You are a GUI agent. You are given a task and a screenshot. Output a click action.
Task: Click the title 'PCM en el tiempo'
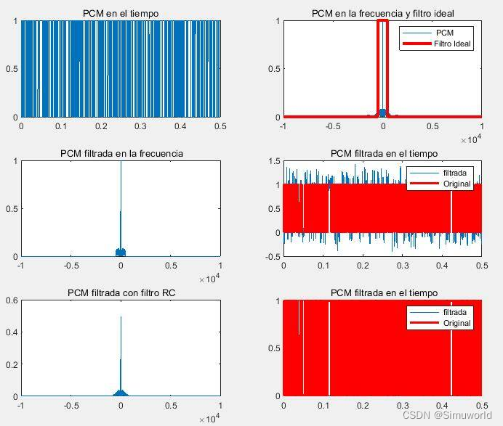point(121,13)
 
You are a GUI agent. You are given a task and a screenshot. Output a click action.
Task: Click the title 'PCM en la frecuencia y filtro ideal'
point(382,13)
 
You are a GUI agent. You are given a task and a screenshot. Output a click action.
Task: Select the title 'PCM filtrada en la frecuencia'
point(121,153)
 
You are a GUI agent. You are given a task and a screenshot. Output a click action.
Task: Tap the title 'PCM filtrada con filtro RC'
point(121,292)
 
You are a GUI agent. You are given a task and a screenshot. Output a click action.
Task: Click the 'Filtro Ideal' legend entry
point(452,44)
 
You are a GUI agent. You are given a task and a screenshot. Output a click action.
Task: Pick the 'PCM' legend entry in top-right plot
point(444,33)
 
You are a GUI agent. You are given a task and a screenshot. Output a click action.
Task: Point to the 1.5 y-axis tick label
point(272,161)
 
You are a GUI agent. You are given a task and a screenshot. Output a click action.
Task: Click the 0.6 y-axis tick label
point(12,301)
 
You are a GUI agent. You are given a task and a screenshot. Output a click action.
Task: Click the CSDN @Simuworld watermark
point(446,415)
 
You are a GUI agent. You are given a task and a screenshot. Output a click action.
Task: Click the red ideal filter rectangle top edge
point(383,21)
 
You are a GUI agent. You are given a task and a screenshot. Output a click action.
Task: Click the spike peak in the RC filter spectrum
point(121,318)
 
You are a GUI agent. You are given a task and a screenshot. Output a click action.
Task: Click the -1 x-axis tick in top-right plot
point(283,126)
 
